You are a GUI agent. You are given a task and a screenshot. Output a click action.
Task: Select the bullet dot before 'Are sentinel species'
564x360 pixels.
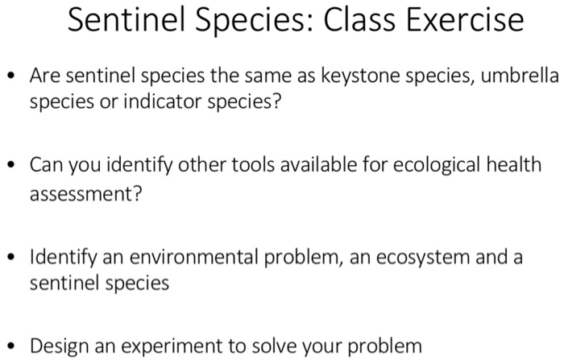click(x=11, y=78)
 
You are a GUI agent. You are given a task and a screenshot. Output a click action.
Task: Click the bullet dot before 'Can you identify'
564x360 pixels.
click(x=11, y=166)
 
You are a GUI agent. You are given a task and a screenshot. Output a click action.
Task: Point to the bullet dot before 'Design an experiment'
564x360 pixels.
click(x=11, y=346)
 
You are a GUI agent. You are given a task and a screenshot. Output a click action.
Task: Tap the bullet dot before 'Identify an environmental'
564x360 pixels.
click(x=11, y=257)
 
